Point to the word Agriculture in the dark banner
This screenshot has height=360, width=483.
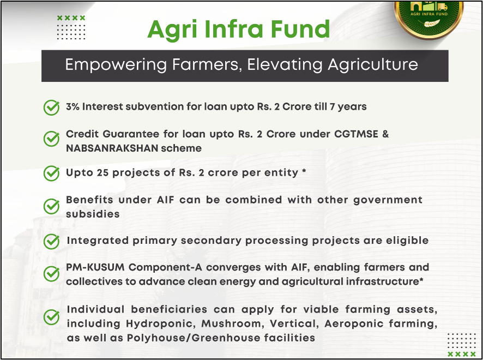(373, 65)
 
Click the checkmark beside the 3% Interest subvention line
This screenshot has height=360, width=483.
(51, 107)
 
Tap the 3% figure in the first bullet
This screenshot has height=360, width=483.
(73, 107)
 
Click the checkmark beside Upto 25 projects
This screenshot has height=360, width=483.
(51, 173)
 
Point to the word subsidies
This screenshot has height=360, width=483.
(93, 214)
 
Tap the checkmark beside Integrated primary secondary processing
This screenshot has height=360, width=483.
(51, 241)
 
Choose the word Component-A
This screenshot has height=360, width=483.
(165, 267)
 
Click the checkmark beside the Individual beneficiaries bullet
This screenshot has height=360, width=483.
(51, 317)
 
